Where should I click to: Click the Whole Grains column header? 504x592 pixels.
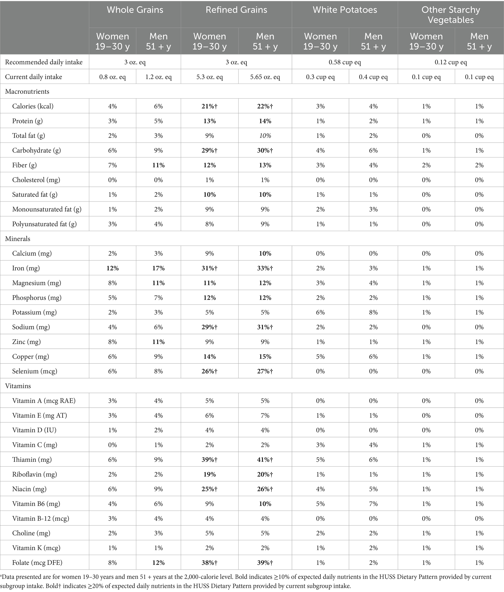point(135,10)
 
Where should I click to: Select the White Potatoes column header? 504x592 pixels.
point(345,10)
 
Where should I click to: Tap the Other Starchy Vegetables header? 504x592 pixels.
point(451,15)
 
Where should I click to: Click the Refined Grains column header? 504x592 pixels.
point(236,10)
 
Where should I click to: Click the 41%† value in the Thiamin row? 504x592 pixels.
point(265,460)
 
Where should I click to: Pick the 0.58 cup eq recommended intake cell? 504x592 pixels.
point(345,62)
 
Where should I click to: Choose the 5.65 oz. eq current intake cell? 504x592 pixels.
point(265,77)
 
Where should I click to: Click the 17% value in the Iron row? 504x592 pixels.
point(158,268)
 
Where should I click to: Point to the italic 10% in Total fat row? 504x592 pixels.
point(265,136)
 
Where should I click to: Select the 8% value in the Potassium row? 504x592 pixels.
point(373,312)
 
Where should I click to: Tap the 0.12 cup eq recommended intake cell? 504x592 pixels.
point(451,62)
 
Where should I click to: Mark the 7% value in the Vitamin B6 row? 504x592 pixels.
point(373,504)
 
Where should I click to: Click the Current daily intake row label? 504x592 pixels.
point(33,77)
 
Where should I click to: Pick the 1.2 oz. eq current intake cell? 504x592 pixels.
point(158,77)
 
